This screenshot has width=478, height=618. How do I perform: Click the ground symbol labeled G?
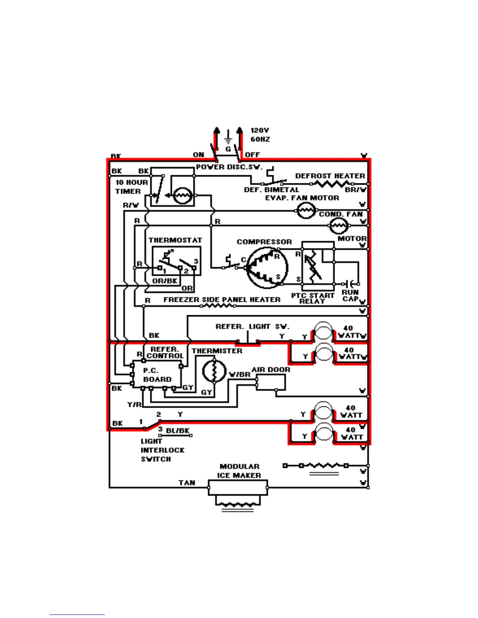228,141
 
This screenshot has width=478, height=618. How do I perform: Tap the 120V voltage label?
260,130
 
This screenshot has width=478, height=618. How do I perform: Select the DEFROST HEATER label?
330,176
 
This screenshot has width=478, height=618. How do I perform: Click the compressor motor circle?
267,268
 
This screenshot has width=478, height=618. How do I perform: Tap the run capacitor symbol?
351,284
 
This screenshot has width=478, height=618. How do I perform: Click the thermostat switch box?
177,261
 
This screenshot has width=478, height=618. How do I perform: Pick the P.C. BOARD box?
157,375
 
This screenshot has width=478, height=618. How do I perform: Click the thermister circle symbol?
214,371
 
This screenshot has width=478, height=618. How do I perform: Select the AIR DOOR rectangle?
271,383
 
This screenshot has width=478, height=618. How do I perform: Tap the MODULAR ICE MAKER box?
238,488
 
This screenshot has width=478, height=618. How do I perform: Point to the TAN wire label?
187,483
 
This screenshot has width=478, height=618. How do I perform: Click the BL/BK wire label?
178,431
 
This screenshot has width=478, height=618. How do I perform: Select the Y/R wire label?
134,405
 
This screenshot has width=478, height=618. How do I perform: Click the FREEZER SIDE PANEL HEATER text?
222,300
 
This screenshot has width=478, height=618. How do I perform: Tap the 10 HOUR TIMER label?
131,187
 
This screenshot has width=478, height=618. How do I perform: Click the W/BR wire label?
239,375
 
